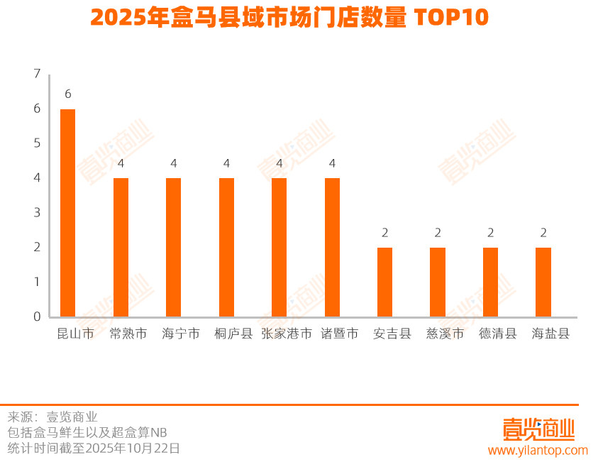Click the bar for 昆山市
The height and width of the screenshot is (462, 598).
[x=67, y=213]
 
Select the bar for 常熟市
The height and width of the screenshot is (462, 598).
[x=121, y=247]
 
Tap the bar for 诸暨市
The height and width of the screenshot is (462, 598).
[x=332, y=247]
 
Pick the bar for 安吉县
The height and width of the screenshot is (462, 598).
[x=384, y=282]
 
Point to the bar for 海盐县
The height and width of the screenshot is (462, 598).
[x=543, y=282]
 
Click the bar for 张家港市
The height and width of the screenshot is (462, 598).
[x=279, y=247]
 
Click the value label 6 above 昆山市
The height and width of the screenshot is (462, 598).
[x=67, y=94]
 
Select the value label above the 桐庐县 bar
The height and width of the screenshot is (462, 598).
[x=226, y=163]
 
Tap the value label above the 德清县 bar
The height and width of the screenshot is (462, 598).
[x=490, y=233]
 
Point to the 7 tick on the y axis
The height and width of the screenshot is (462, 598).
[x=37, y=74]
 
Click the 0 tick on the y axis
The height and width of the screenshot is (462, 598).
[x=37, y=317]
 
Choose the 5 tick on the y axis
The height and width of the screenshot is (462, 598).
[x=37, y=143]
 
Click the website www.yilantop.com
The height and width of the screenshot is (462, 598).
[x=538, y=451]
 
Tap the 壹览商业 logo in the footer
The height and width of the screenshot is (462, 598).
[x=538, y=429]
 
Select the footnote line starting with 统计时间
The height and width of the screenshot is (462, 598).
[x=94, y=448]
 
